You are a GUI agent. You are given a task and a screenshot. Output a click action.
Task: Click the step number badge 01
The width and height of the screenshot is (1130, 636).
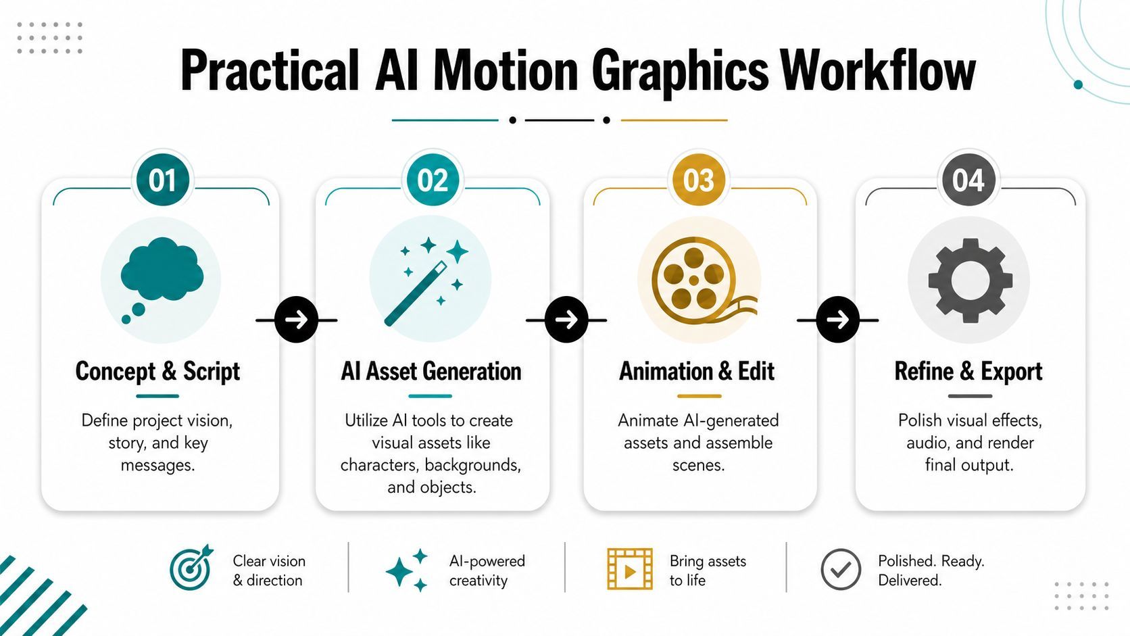click(162, 180)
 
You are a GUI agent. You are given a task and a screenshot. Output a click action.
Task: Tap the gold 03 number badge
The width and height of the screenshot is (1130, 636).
click(699, 180)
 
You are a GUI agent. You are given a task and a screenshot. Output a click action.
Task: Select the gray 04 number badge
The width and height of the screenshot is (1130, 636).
click(968, 180)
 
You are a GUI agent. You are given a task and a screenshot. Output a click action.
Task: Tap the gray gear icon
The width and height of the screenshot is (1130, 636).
click(970, 280)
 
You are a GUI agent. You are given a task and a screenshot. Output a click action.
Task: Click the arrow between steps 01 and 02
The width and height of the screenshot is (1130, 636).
click(297, 320)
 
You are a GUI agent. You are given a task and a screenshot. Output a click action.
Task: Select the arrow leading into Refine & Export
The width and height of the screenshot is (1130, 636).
click(838, 320)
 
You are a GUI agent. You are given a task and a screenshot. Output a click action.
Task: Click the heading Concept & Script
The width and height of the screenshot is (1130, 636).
click(157, 372)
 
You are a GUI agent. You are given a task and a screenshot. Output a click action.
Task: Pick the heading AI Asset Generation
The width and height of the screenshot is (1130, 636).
click(431, 372)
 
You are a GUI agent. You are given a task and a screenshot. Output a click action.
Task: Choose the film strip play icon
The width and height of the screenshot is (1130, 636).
click(630, 568)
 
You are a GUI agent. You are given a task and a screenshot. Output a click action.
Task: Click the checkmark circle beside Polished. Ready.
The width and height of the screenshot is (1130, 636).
click(841, 569)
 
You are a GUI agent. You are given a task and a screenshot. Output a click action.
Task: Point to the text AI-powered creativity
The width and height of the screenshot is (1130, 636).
click(487, 570)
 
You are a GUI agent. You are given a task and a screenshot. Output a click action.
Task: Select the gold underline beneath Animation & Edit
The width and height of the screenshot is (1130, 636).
click(699, 396)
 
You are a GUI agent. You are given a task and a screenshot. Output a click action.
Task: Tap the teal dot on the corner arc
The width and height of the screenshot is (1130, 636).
click(1078, 84)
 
